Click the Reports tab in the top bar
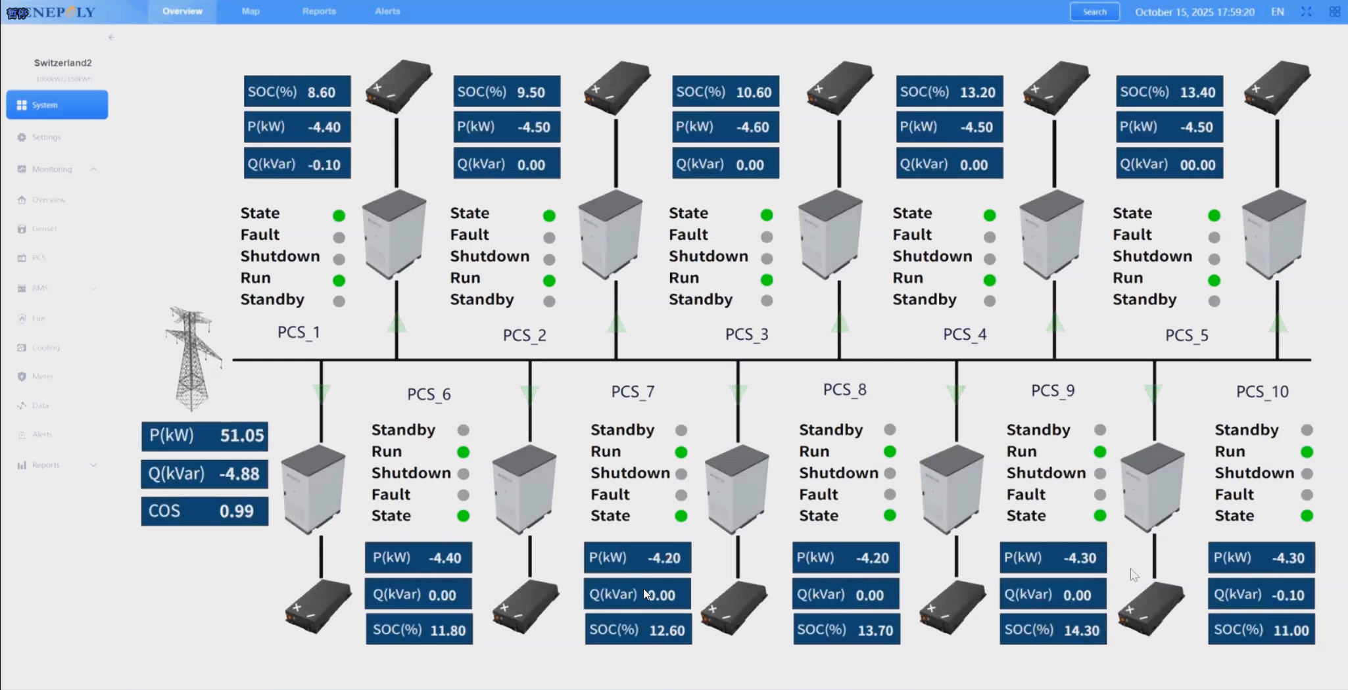(x=319, y=11)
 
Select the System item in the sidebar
(x=57, y=105)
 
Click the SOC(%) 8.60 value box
(x=297, y=92)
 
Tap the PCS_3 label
(x=746, y=334)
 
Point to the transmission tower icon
(x=191, y=358)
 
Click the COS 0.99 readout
(x=205, y=511)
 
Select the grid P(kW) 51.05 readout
(x=205, y=436)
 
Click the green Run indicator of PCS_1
(x=339, y=281)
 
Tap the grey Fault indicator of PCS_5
(x=1214, y=237)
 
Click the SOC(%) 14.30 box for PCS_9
(x=1053, y=630)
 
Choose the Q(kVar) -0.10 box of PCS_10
(x=1261, y=595)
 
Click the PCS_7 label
(x=633, y=392)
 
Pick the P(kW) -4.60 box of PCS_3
(x=725, y=127)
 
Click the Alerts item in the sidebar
(x=42, y=434)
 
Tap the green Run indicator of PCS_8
(x=890, y=451)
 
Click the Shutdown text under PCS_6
(x=411, y=473)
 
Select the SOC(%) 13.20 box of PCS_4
(x=949, y=92)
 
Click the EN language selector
(x=1277, y=11)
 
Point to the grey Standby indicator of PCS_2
(x=549, y=301)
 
